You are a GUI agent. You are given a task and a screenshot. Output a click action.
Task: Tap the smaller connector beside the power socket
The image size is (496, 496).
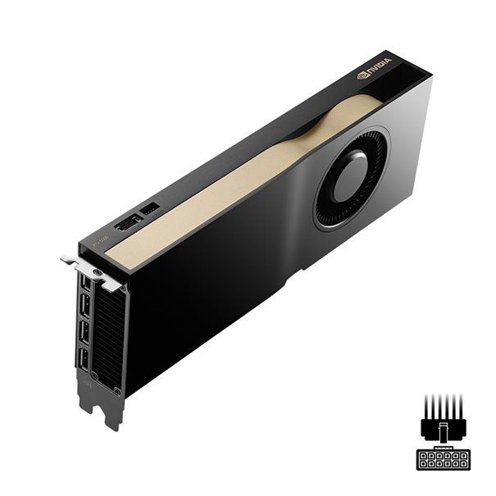coord(149,210)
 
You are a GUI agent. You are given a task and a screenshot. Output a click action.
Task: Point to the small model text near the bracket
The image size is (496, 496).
coord(98,241)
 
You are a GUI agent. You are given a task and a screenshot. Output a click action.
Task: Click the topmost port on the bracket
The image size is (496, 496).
coord(84,283)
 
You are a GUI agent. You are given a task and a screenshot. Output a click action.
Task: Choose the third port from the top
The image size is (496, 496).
coord(84,332)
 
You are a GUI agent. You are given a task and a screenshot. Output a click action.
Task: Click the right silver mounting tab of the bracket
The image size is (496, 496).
coord(111,283)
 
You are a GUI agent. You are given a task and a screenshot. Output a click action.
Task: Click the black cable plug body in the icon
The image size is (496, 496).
coord(443,427)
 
